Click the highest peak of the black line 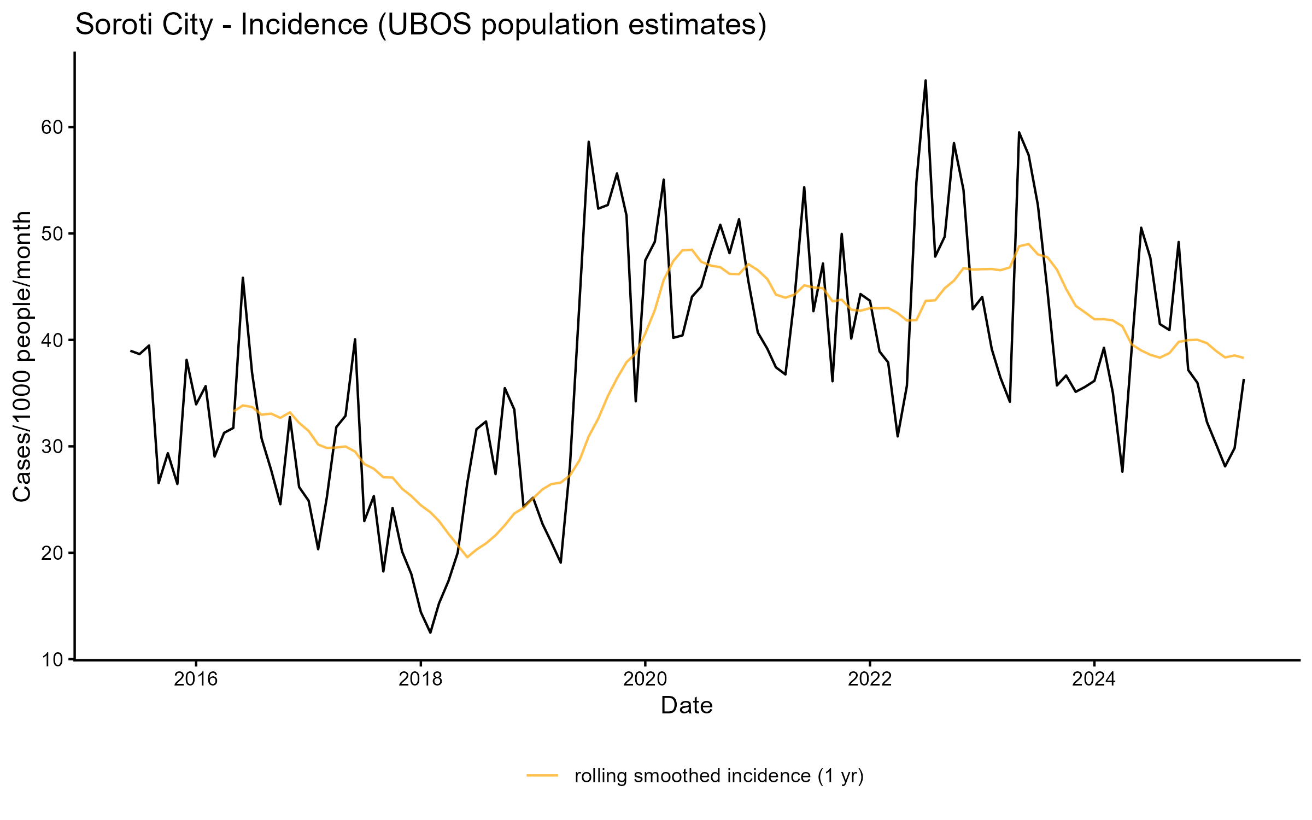[x=926, y=81]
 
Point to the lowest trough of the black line [x=430, y=632]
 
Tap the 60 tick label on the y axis [x=53, y=127]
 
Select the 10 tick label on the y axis [x=53, y=660]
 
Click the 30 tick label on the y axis [x=53, y=447]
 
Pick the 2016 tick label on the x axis [x=196, y=680]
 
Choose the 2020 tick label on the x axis [x=645, y=680]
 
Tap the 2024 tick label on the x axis [x=1094, y=680]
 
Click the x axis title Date [x=687, y=706]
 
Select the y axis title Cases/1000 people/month [x=22, y=356]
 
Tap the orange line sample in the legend [x=542, y=775]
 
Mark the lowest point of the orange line [x=467, y=557]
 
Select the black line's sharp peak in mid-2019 [x=589, y=142]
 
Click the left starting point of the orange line [x=233, y=411]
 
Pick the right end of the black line [x=1244, y=379]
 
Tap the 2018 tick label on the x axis [x=420, y=680]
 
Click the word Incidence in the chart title [x=304, y=25]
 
